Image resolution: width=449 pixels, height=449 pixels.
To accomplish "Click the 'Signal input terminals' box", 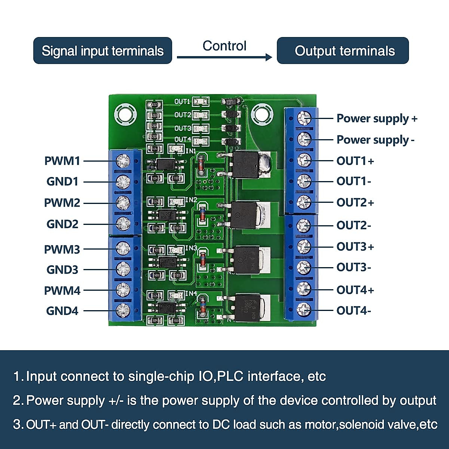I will (103, 51).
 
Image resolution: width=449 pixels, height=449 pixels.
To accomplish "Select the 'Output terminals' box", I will (343, 51).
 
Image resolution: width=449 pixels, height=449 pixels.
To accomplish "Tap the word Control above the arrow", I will (224, 46).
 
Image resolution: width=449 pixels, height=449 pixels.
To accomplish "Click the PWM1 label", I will (62, 161).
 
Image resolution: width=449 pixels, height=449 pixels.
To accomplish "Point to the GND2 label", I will (62, 224).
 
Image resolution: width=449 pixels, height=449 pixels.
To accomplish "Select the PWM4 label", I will (62, 290).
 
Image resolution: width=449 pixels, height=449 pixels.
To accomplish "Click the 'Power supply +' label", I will (376, 119).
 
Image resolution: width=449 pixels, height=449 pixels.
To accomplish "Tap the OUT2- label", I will (354, 225).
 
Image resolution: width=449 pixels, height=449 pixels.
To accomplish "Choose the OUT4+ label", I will (355, 290).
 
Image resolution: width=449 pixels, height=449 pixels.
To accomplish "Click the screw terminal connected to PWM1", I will (123, 161).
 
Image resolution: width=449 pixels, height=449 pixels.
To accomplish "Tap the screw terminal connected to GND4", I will (123, 310).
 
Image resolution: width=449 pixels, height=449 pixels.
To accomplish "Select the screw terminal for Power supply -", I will (304, 139).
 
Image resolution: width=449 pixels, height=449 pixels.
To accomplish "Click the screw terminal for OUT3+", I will (304, 246).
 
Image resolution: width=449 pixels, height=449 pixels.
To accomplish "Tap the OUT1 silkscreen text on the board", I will (182, 101).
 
